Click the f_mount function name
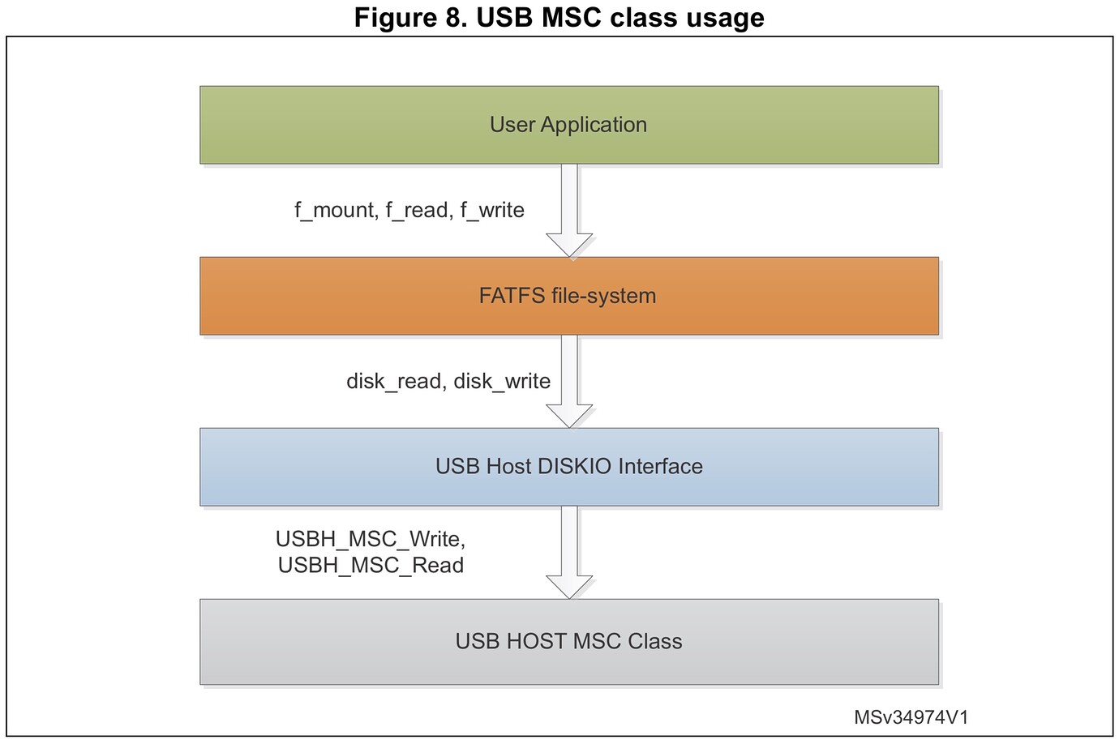click(334, 211)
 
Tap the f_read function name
click(417, 211)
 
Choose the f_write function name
click(492, 211)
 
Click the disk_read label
click(395, 382)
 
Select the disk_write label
click(502, 382)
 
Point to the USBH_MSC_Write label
click(370, 539)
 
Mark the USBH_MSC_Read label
click(371, 565)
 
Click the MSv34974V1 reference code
click(911, 717)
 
